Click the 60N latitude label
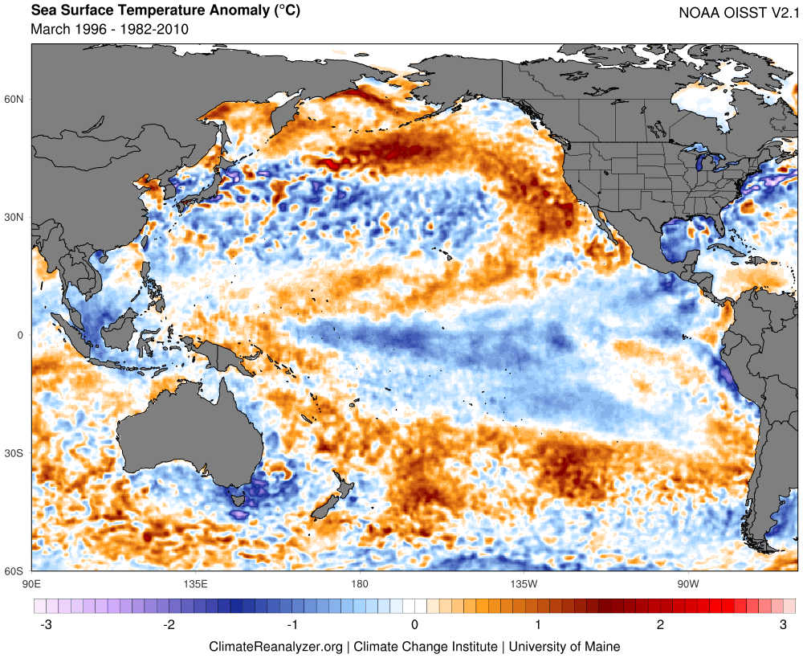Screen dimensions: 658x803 pyautogui.click(x=14, y=100)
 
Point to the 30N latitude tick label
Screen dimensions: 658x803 pyautogui.click(x=14, y=218)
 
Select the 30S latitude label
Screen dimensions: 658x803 pyautogui.click(x=14, y=453)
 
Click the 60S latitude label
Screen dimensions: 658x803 pyautogui.click(x=14, y=571)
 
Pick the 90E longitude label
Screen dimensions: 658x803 pyautogui.click(x=31, y=584)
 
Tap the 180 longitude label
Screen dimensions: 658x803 pyautogui.click(x=360, y=584)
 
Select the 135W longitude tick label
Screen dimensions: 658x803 pyautogui.click(x=524, y=584)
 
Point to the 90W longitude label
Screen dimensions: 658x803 pyautogui.click(x=687, y=584)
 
